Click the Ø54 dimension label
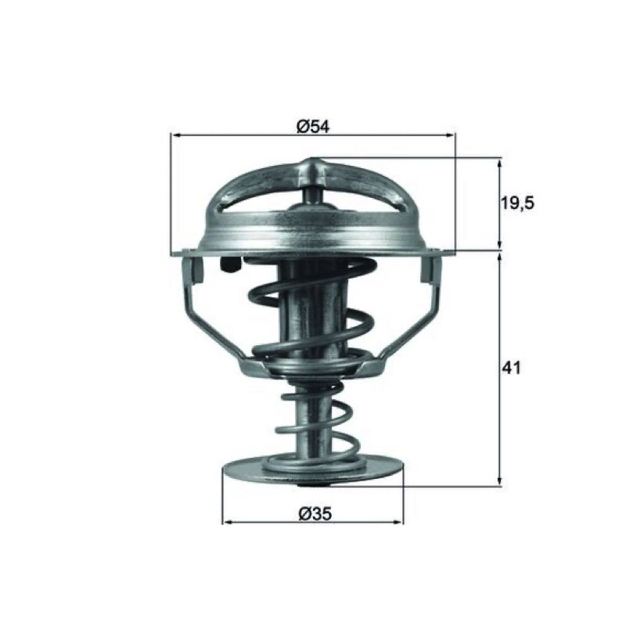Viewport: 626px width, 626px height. (x=312, y=127)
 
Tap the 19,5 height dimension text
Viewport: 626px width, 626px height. (x=517, y=203)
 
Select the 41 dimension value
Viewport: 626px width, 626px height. (x=512, y=368)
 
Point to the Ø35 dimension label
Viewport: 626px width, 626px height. (x=315, y=514)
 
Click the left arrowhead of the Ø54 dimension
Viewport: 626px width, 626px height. (x=175, y=135)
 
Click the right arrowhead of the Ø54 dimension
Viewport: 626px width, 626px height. (x=450, y=135)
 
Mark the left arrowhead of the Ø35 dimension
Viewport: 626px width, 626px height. (x=227, y=522)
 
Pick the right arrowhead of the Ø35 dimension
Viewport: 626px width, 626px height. (x=398, y=522)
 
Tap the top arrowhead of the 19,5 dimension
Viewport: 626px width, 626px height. (x=499, y=164)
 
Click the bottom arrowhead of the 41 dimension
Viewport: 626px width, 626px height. (x=499, y=481)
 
